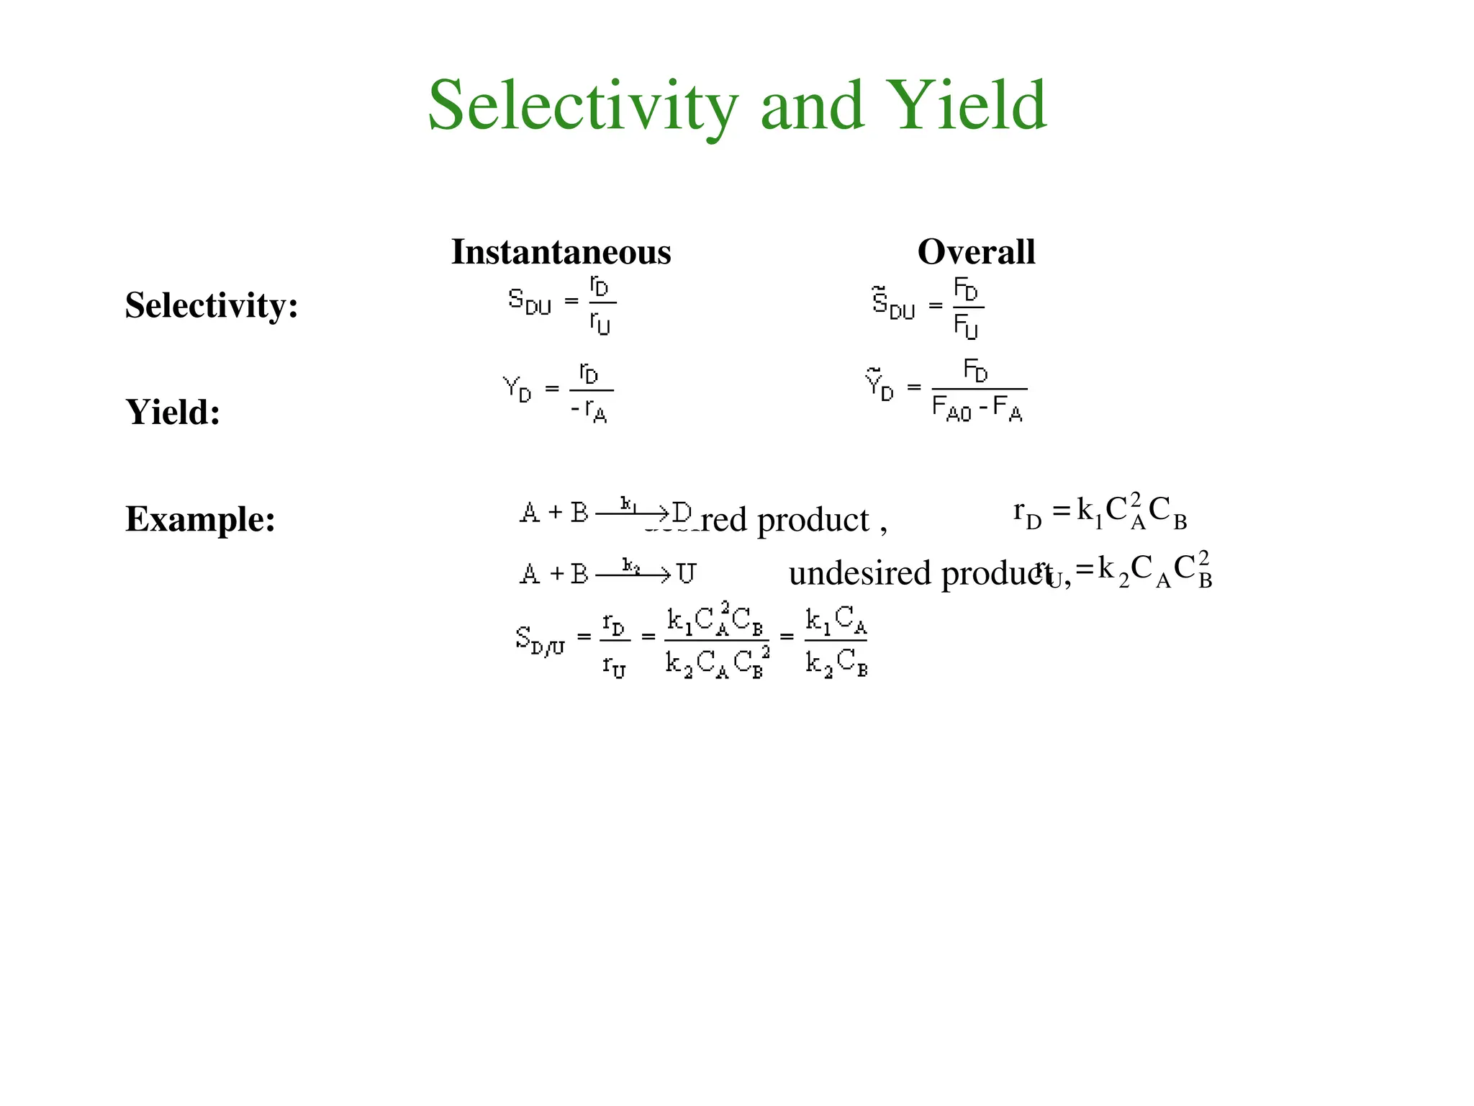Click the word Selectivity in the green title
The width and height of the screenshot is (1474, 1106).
point(583,107)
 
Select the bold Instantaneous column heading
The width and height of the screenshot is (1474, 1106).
point(561,252)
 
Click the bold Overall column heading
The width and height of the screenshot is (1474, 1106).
point(976,252)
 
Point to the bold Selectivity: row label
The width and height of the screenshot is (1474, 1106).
point(212,305)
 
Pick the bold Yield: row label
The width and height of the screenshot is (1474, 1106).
point(173,412)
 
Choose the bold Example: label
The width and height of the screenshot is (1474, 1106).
point(200,518)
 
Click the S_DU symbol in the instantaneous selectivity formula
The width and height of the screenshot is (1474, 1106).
point(529,302)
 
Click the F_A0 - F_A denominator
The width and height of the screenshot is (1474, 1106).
point(977,409)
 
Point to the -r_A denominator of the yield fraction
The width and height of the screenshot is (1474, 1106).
point(589,411)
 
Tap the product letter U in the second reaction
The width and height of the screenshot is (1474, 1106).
point(686,574)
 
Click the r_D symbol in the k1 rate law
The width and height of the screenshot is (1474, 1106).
point(1027,513)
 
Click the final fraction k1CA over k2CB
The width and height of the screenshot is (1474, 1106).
point(836,641)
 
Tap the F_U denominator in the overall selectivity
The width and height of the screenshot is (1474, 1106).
point(966,328)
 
